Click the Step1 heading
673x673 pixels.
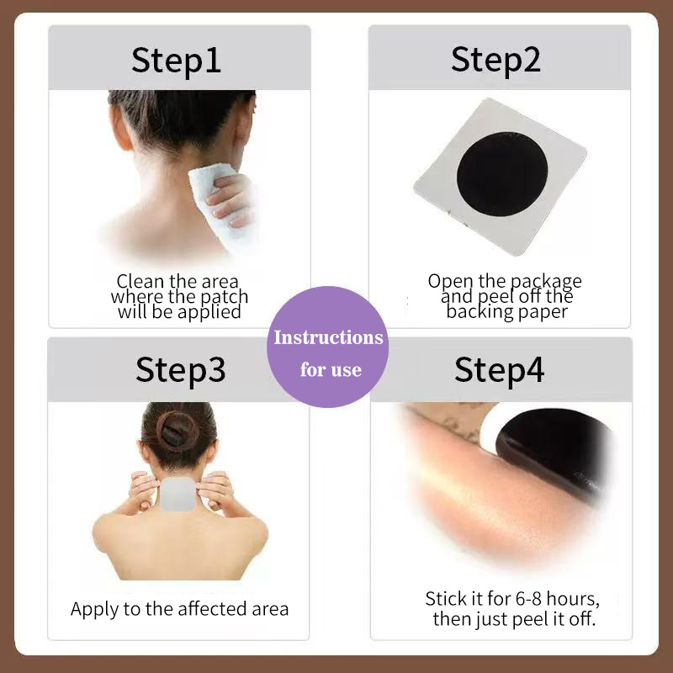click(x=177, y=60)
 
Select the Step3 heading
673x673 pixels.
click(x=180, y=369)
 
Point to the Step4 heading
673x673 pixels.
click(x=500, y=369)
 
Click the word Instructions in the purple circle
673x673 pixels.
click(x=328, y=338)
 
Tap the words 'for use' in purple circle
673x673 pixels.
click(x=331, y=370)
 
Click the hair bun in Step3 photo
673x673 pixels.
click(x=178, y=428)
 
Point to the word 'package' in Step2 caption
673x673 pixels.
click(x=543, y=281)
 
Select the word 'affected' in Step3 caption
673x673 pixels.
click(x=207, y=609)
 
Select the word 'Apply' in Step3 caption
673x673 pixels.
click(x=93, y=610)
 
